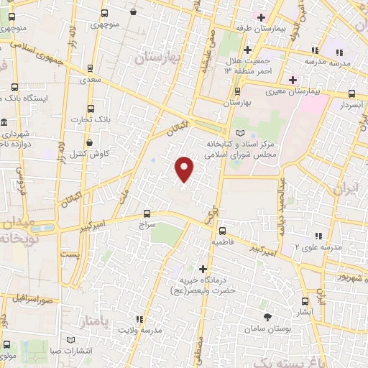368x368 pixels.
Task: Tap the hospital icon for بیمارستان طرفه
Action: (262, 17)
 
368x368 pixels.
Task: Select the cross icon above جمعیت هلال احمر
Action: (247, 49)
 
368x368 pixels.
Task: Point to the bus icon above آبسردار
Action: (351, 93)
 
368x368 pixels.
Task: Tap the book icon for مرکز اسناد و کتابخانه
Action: (240, 133)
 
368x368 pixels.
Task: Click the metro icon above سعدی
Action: (90, 70)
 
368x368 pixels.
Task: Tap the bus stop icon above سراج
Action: (147, 213)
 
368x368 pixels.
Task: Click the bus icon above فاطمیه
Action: (222, 231)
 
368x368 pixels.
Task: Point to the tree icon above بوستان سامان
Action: (267, 316)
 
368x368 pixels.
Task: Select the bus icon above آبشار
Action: (305, 302)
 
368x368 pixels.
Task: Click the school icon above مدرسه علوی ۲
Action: (317, 235)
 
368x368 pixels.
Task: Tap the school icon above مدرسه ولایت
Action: (139, 318)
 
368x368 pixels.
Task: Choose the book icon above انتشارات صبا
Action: (70, 340)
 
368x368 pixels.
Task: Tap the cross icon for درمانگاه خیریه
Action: (203, 270)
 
